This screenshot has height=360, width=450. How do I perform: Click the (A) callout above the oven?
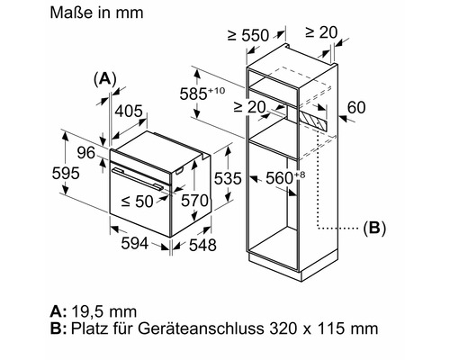(106, 79)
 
